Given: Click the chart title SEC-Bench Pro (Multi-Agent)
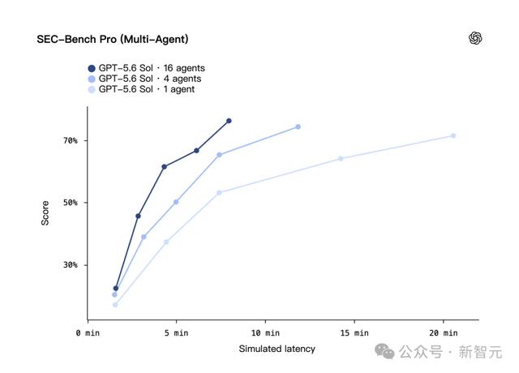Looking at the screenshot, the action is (113, 40).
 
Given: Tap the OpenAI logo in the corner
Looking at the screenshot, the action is (475, 38).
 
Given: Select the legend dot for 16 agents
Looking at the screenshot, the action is (92, 68).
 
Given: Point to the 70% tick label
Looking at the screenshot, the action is (71, 140).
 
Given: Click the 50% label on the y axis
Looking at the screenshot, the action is (71, 203).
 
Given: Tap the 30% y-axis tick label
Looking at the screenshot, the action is (71, 265).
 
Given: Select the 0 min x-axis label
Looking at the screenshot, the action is (88, 333).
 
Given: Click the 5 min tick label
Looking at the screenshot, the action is (177, 333).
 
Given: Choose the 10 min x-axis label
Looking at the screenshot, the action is (265, 333).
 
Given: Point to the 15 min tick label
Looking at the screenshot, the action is (354, 333).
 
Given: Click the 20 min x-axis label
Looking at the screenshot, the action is (444, 333).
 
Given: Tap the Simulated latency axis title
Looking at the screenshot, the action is (277, 349).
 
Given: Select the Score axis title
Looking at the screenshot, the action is (45, 213).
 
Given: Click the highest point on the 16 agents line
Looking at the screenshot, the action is (229, 121).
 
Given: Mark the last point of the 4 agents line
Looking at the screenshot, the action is (298, 126).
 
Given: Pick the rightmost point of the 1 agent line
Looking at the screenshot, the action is (453, 135).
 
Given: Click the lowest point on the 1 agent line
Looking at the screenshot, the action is (115, 305).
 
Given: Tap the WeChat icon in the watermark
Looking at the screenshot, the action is (384, 351).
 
